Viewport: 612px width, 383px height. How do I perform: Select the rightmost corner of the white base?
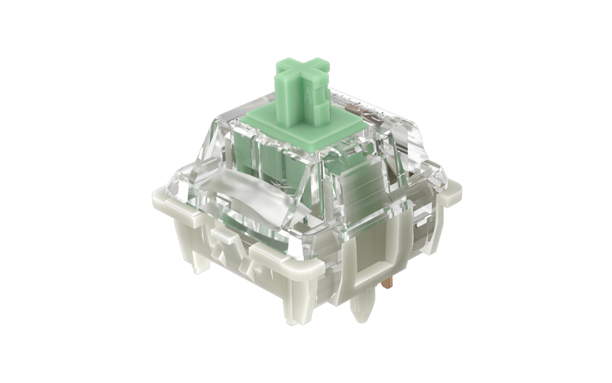coord(452,190)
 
